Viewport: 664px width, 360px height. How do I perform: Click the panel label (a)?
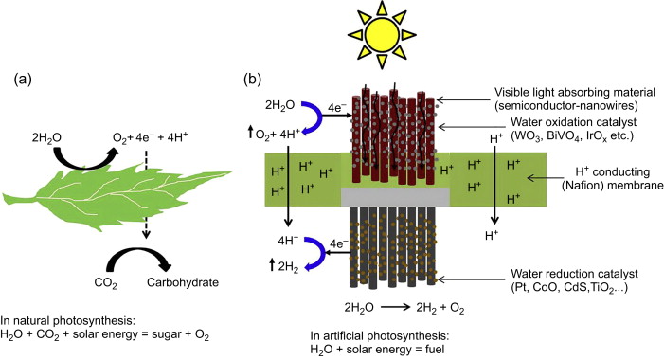pos(23,80)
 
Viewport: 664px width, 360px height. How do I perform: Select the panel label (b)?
pos(252,80)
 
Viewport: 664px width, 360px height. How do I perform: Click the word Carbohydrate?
pos(183,282)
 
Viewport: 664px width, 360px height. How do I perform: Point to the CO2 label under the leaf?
pos(105,283)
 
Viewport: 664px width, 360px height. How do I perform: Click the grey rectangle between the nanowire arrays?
pos(395,197)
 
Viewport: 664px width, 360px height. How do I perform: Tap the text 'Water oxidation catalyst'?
pos(573,122)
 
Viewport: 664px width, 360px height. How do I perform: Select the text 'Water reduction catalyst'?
pos(574,274)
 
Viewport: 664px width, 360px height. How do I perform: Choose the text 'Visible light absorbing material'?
pos(575,92)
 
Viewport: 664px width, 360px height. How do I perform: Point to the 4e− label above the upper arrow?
pos(337,108)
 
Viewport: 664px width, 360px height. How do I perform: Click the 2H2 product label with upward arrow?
pos(284,267)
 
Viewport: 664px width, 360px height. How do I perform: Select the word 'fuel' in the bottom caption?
pos(433,350)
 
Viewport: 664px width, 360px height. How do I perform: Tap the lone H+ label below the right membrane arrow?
pos(492,235)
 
